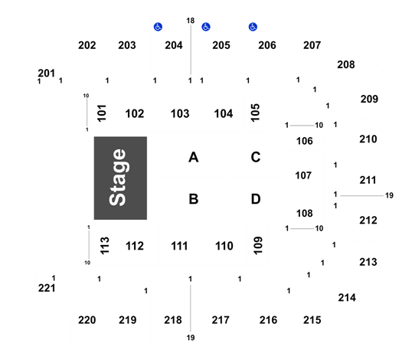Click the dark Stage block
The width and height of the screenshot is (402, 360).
coord(120,178)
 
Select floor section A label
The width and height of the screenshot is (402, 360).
coord(194,157)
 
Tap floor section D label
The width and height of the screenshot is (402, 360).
coord(256,199)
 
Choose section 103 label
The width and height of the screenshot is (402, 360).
coord(180,113)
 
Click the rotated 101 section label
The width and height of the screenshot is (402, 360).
coord(102,113)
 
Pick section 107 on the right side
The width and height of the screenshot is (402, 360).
coord(303,175)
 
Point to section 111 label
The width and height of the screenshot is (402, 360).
coord(179,246)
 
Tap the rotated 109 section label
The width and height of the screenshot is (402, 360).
coord(258,245)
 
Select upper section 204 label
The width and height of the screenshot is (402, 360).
coord(174,45)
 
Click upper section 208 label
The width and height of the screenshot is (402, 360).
coord(346,64)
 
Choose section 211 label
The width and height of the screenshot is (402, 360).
coord(368,180)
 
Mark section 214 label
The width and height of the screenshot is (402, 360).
coord(347,298)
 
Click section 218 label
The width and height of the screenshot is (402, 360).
coord(173,320)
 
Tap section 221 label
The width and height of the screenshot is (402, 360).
coord(47,288)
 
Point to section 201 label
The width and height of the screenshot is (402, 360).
coord(47,74)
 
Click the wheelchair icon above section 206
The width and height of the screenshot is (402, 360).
coord(253,27)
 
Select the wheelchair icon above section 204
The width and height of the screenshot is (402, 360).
coord(158,27)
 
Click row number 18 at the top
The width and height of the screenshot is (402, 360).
coord(191,21)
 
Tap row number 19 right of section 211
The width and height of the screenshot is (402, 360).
coord(389,195)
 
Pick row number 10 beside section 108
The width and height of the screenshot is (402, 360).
coord(319,228)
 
